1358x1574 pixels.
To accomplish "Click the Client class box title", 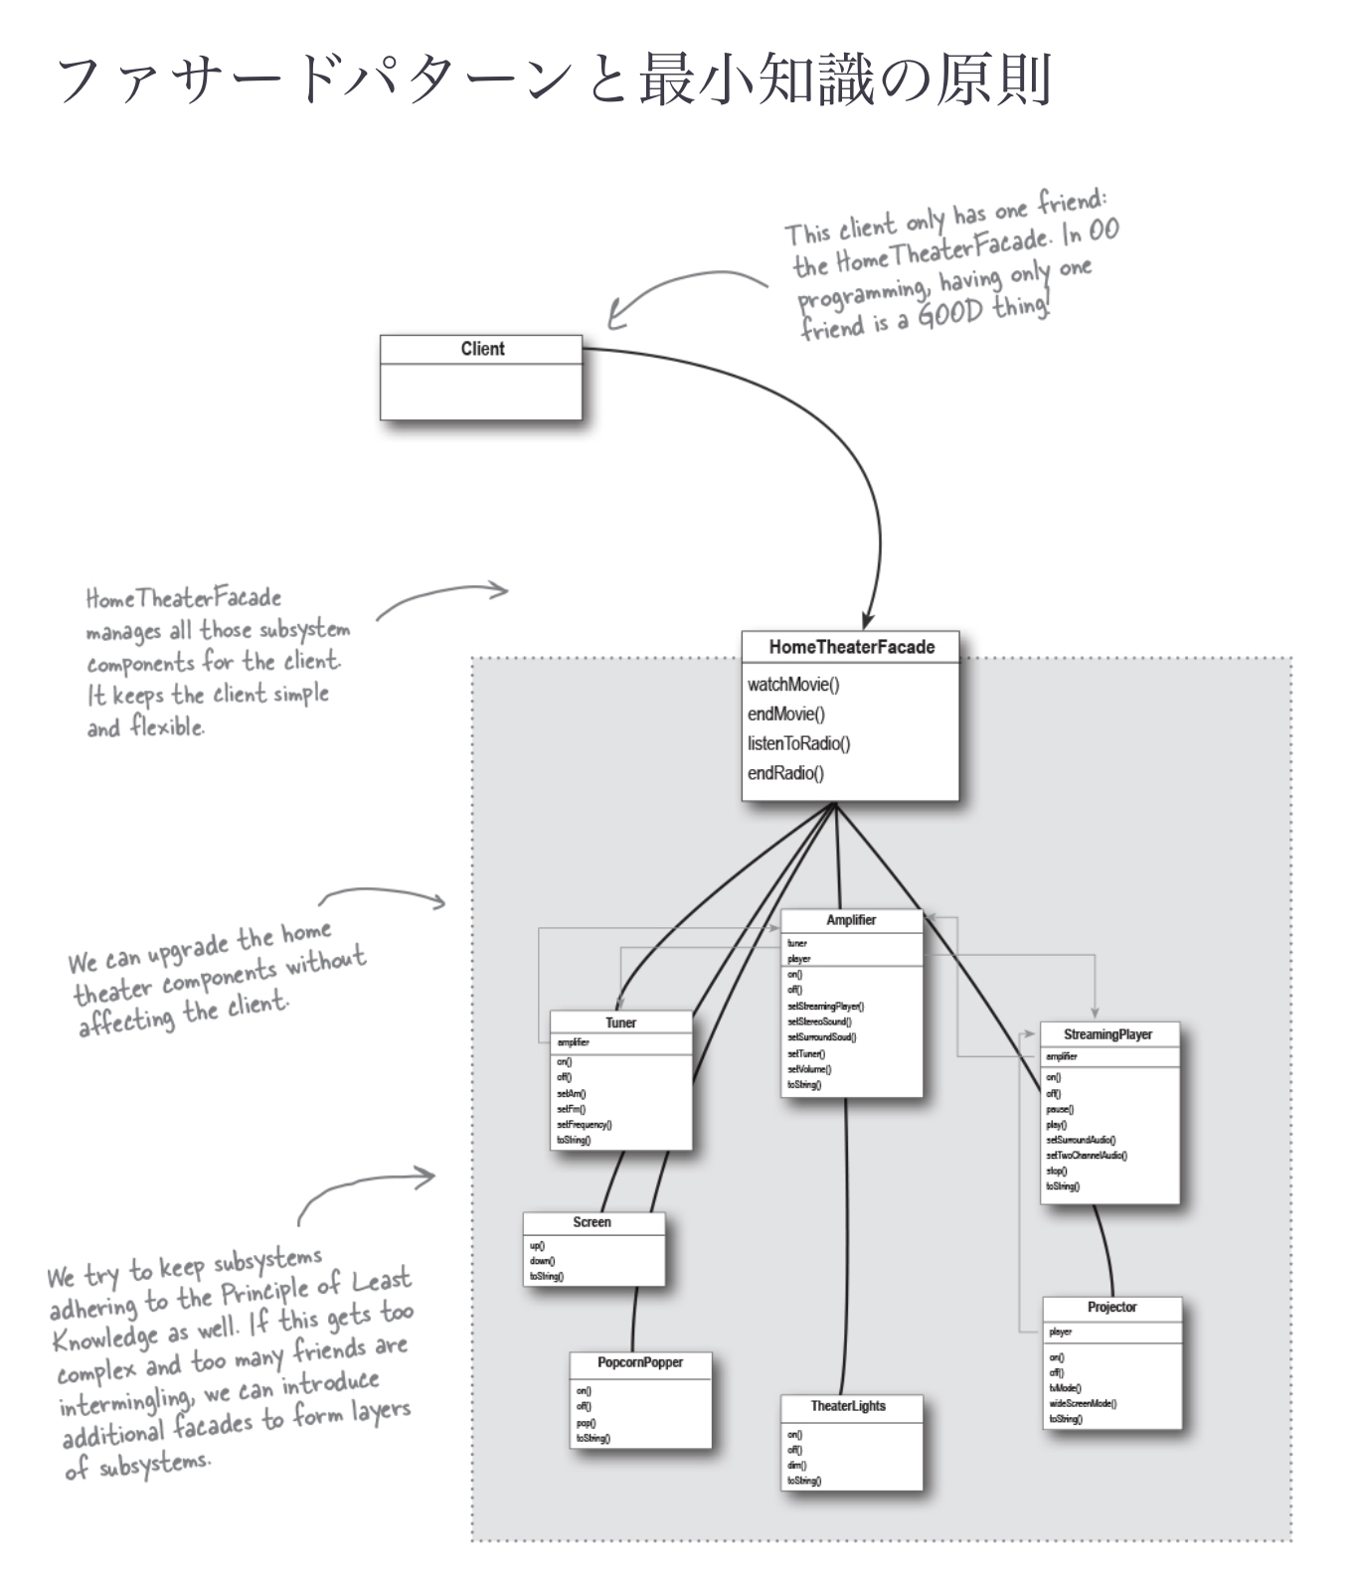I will (x=482, y=349).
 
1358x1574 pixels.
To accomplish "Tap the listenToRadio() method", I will (x=798, y=743).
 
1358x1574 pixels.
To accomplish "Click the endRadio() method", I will (x=785, y=773).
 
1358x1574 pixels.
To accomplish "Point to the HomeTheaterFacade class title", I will (x=851, y=647).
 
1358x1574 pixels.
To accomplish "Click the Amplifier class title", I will (x=851, y=920).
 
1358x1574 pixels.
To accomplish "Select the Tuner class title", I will (x=620, y=1023).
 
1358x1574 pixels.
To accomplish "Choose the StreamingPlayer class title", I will (x=1107, y=1034).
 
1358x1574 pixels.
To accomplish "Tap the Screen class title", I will (x=592, y=1222).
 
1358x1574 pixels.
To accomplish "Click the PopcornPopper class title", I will (x=640, y=1362).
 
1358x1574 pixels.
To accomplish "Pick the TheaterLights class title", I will (x=847, y=1406).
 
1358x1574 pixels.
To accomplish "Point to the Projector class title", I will (x=1111, y=1308).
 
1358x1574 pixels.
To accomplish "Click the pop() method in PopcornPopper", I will (x=586, y=1423).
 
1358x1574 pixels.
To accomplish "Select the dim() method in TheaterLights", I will (x=796, y=1466).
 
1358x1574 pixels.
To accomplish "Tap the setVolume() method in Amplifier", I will (x=809, y=1069).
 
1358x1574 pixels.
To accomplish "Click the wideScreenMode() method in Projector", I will (x=1083, y=1404).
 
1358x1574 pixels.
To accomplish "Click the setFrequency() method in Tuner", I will (x=584, y=1125).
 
